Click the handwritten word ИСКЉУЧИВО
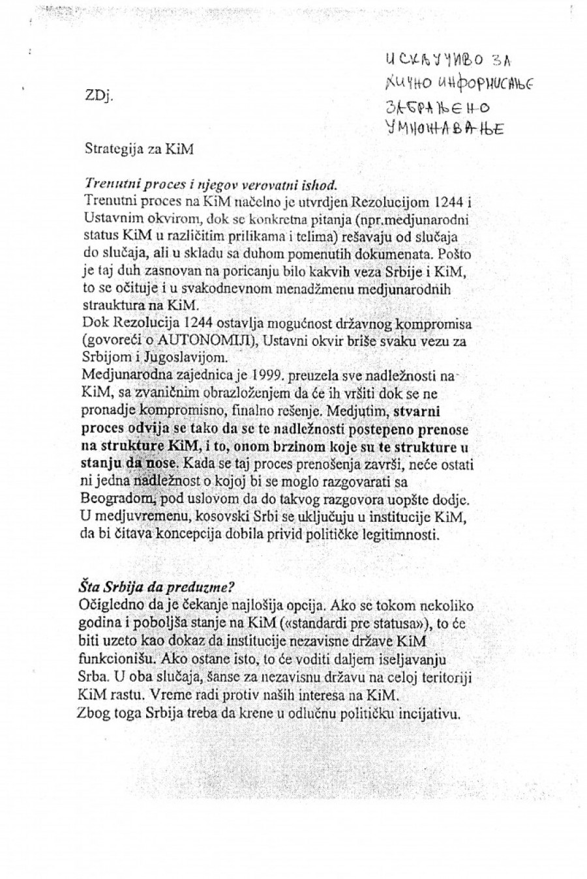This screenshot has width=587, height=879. pos(434,63)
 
